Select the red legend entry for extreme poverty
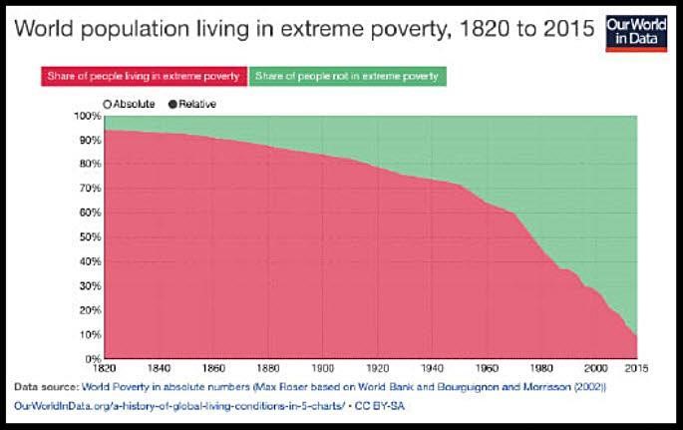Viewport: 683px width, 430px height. [x=144, y=76]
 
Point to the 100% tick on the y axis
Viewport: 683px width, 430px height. [x=87, y=116]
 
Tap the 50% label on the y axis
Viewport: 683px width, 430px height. [x=89, y=236]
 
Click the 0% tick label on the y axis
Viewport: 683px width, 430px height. [x=92, y=358]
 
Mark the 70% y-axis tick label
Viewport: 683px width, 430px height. [x=89, y=189]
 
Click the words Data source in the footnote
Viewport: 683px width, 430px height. [x=46, y=386]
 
